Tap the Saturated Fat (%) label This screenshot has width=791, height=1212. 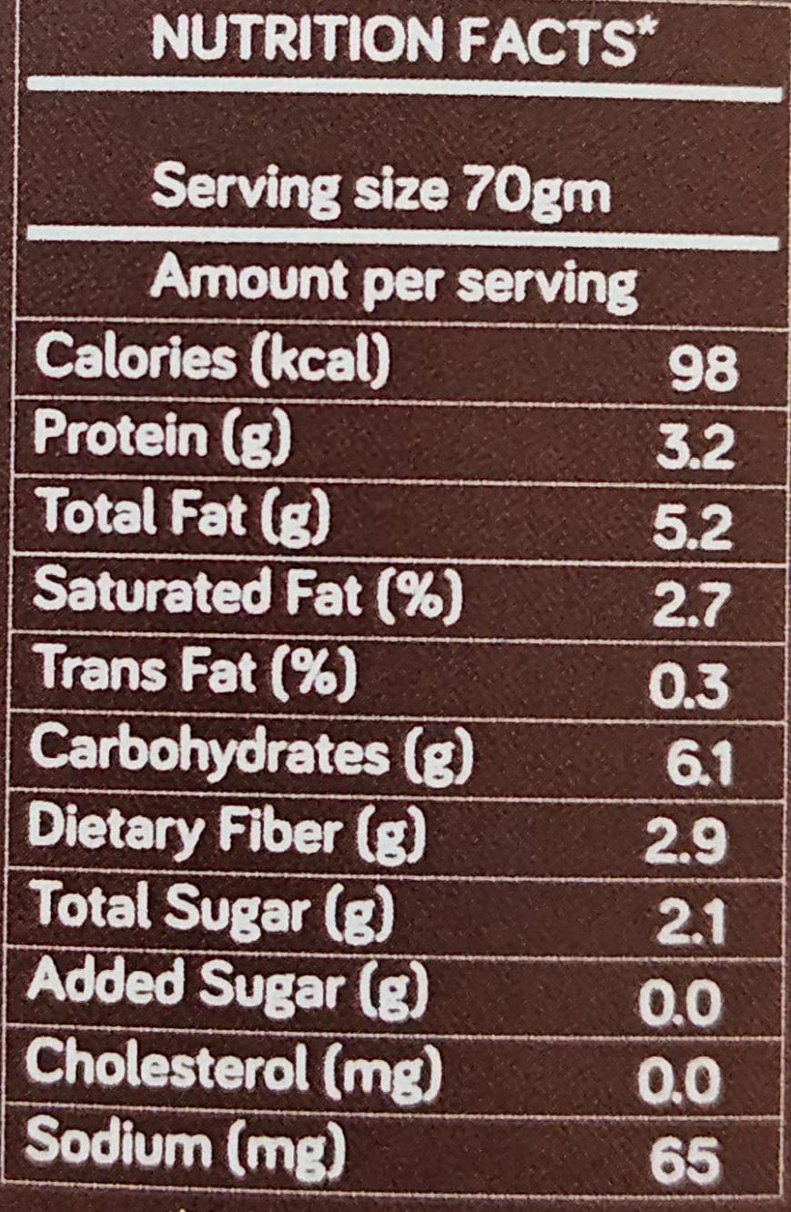point(248,594)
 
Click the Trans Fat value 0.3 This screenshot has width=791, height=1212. point(689,684)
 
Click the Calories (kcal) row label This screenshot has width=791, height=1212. point(212,359)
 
